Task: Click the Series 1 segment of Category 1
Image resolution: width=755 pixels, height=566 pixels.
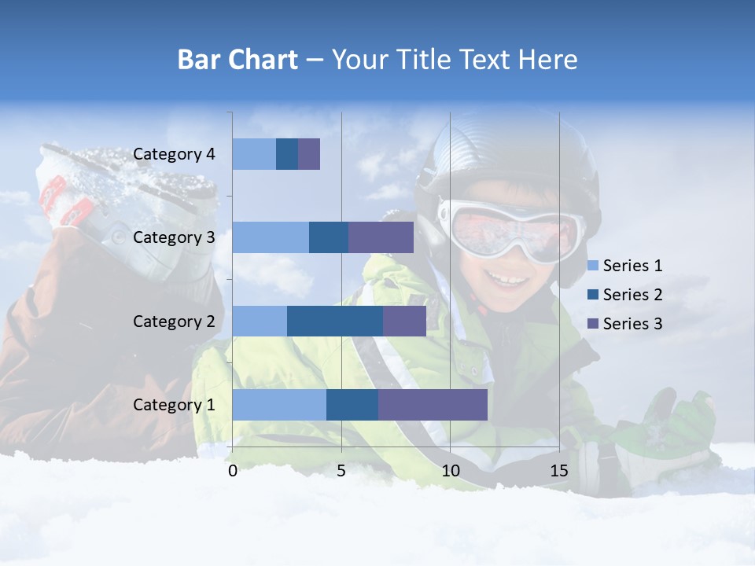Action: [279, 405]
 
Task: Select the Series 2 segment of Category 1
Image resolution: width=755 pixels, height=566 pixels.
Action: [352, 405]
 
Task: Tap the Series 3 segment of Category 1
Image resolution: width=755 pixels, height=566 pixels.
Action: [433, 405]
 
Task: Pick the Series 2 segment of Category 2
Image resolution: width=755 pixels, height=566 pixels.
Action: [335, 321]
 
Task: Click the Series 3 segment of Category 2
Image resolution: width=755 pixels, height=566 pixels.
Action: [404, 321]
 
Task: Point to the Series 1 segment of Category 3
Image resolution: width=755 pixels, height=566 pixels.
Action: [271, 237]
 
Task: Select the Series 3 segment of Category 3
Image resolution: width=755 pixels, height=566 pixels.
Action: [381, 237]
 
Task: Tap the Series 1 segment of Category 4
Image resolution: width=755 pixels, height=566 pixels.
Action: [254, 154]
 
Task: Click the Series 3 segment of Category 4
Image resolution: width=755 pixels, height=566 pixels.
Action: [309, 154]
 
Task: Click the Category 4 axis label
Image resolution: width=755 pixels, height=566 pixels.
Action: [174, 154]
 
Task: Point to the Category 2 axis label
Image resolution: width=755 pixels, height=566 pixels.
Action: [174, 321]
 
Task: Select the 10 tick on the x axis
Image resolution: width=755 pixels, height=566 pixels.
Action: [450, 471]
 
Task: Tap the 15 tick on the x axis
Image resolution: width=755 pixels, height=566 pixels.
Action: [558, 471]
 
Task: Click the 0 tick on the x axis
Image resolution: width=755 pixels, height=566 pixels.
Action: [233, 471]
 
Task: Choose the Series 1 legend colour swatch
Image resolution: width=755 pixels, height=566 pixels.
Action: [593, 266]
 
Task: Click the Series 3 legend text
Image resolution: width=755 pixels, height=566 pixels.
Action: [633, 323]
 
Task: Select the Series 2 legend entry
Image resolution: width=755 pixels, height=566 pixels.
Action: [626, 295]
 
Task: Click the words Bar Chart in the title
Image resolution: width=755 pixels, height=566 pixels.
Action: [238, 60]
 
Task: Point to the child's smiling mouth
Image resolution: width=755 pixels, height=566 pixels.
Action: [506, 280]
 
